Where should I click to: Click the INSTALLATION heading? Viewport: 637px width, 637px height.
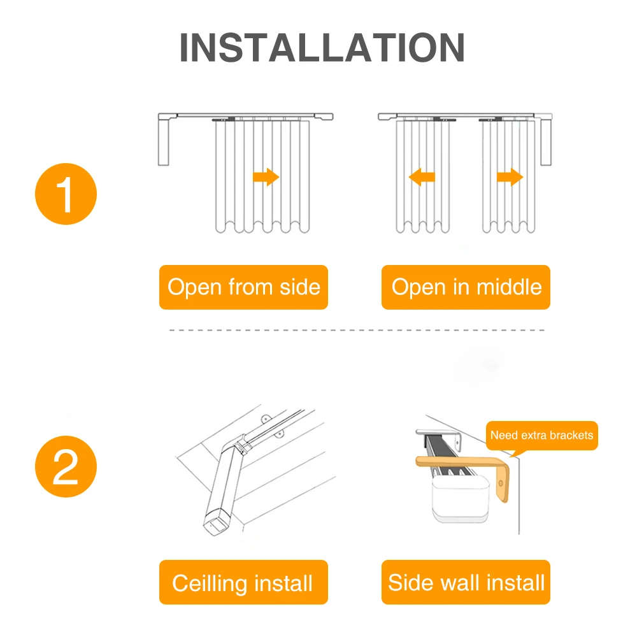pos(322,48)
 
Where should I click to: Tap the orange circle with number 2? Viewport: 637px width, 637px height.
pos(65,470)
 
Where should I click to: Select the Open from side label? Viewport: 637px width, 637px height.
pos(243,287)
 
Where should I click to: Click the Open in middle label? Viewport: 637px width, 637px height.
pos(466,287)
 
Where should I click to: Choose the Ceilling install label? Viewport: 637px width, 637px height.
pos(243,583)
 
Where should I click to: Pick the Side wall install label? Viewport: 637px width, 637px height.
pos(466,583)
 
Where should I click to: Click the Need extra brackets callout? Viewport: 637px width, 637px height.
pos(541,436)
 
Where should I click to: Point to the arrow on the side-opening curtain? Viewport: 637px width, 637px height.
pos(266,176)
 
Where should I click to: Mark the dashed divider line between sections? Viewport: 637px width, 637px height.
pos(357,330)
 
